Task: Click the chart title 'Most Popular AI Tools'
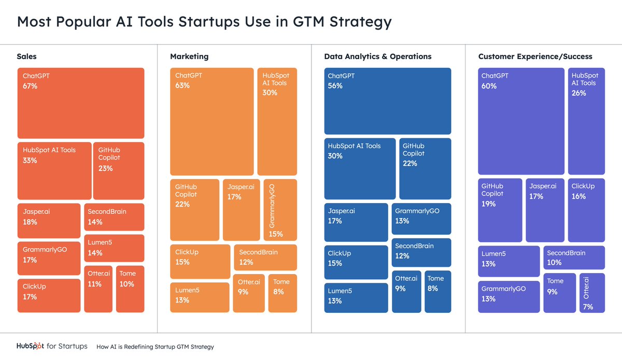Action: click(x=204, y=22)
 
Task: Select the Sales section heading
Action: click(x=27, y=56)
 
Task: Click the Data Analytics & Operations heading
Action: click(x=377, y=56)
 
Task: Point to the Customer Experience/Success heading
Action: click(x=535, y=56)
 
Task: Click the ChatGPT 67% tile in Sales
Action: click(x=80, y=103)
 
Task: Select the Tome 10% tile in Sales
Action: click(x=130, y=289)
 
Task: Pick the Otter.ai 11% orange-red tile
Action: click(x=98, y=289)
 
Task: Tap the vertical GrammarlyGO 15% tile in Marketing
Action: click(x=280, y=210)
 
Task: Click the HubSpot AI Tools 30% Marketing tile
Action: click(x=277, y=121)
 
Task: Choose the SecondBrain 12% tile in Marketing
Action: click(x=265, y=257)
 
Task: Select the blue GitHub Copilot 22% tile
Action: click(x=425, y=168)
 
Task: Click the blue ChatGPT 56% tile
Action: click(x=387, y=101)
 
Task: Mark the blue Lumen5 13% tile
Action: click(x=356, y=298)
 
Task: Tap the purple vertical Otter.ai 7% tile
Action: click(x=592, y=293)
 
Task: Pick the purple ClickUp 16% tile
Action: click(x=586, y=210)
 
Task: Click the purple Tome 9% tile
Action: click(x=559, y=293)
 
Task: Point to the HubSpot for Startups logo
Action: click(x=52, y=347)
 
